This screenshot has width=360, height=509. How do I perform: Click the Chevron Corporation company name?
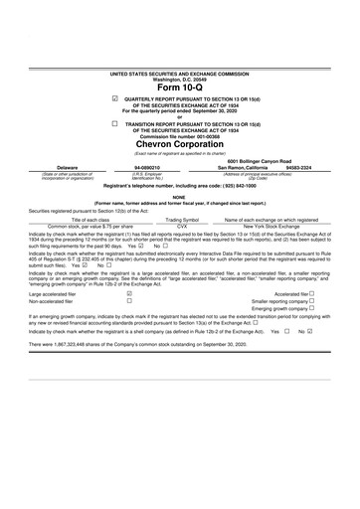pyautogui.click(x=180, y=145)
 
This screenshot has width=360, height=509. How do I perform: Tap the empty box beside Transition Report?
pyautogui.click(x=117, y=123)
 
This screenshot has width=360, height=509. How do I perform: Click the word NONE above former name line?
pyautogui.click(x=180, y=196)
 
